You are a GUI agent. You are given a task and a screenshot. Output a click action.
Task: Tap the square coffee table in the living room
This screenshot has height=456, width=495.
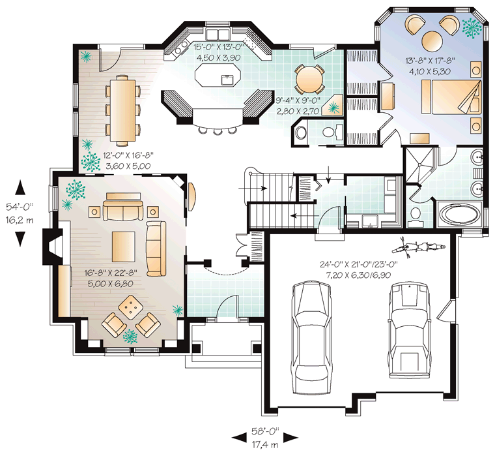[124, 247]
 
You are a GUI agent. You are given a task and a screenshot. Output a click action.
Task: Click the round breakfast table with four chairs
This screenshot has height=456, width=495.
[309, 79]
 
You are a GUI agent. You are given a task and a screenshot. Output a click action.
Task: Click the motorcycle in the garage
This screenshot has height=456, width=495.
[418, 247]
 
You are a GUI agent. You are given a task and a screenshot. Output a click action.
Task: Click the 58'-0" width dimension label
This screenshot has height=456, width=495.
[265, 431]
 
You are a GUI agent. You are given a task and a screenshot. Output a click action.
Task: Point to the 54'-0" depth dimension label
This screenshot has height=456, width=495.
[20, 207]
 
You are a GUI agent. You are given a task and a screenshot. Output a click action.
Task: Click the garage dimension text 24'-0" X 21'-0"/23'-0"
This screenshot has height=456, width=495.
[359, 264]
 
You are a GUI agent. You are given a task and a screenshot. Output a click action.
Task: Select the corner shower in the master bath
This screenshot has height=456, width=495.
[420, 164]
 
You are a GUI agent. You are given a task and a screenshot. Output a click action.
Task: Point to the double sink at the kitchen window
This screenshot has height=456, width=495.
[218, 33]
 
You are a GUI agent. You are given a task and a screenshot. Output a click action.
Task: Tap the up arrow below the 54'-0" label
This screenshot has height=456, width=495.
[20, 187]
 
